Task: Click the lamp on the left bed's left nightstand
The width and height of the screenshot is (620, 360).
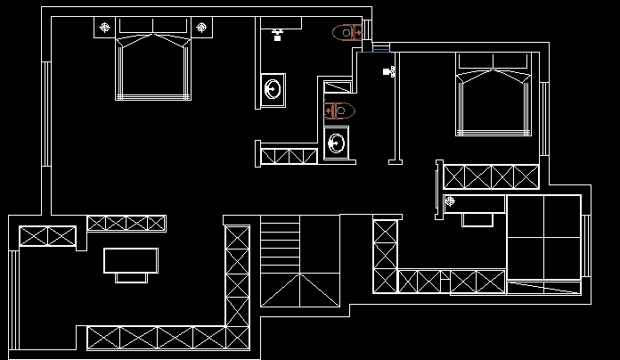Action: tap(105, 28)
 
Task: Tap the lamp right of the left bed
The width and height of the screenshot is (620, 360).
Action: tap(202, 28)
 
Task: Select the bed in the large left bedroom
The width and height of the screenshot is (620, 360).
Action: tap(154, 66)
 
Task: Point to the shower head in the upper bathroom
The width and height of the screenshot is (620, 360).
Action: tap(278, 35)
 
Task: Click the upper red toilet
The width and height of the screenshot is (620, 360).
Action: tap(346, 34)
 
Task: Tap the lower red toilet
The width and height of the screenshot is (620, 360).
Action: tap(339, 110)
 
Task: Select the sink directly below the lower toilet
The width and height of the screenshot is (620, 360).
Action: tap(337, 143)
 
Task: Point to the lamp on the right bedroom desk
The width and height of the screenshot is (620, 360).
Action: tap(450, 201)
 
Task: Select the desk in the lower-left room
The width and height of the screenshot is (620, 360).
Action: tap(131, 260)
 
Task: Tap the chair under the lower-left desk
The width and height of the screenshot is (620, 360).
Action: tap(131, 277)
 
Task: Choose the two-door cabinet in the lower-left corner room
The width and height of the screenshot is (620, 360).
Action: tap(47, 236)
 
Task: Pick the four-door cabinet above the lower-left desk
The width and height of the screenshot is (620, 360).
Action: tap(126, 223)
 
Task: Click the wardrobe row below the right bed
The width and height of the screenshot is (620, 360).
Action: tap(491, 176)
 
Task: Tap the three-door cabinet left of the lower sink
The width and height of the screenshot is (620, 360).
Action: tap(289, 156)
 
